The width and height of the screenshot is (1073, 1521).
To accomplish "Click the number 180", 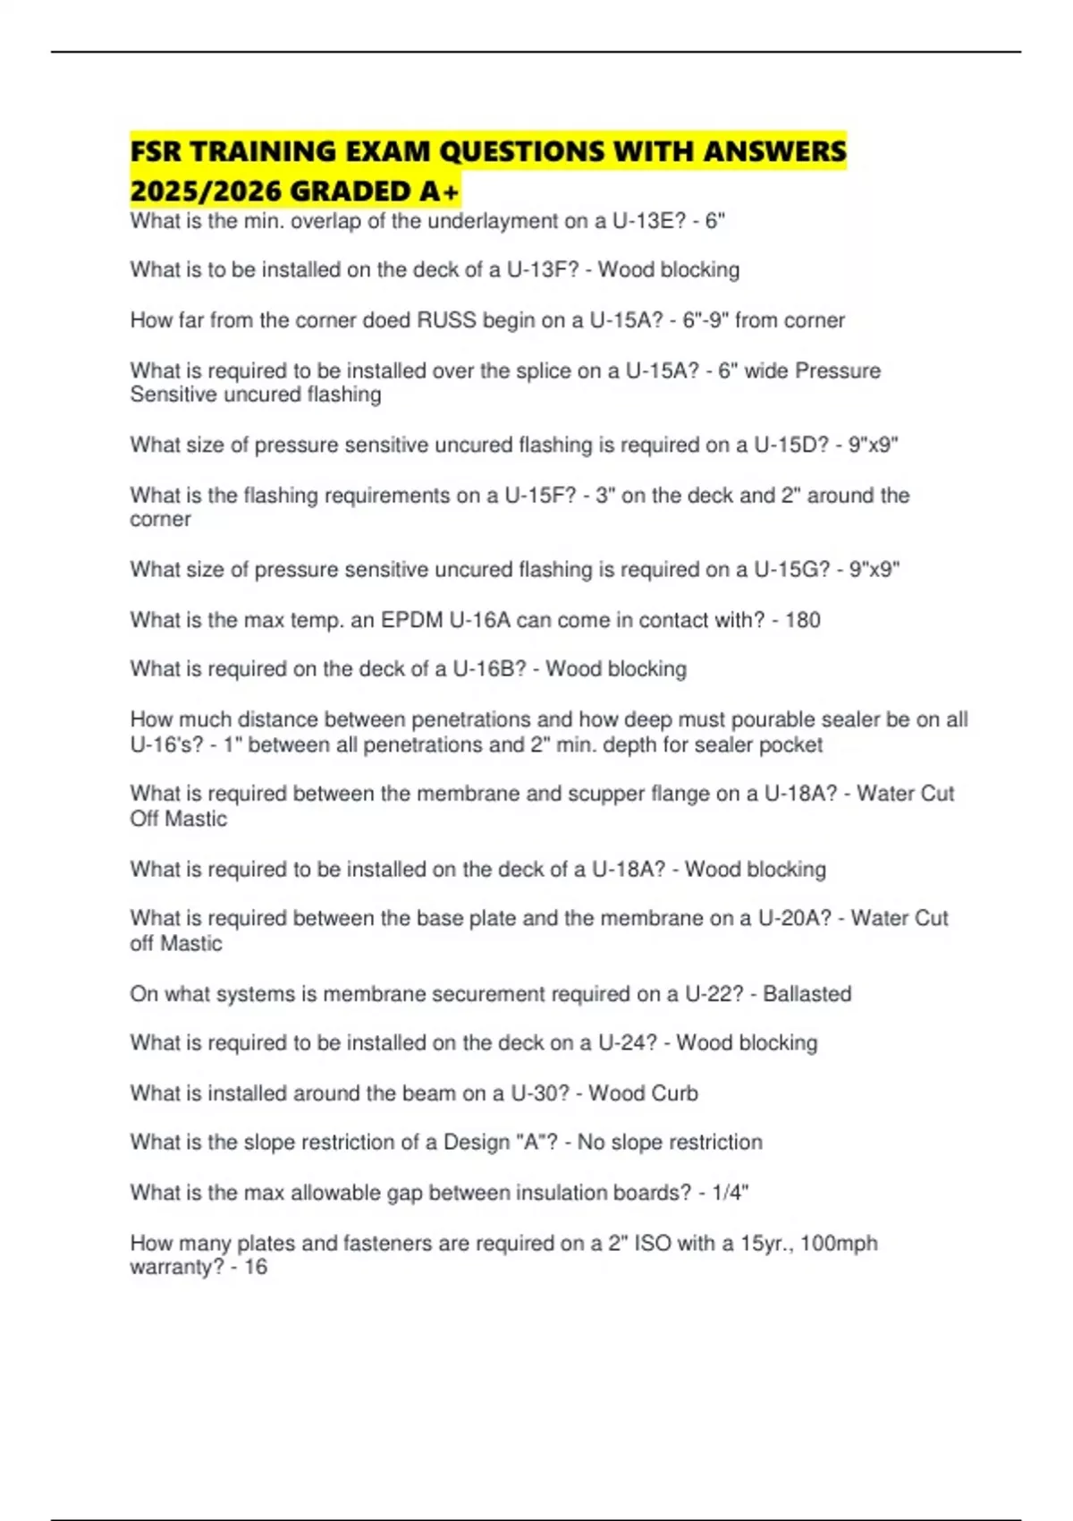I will (802, 620).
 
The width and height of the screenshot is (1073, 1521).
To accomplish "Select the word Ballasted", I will (807, 994).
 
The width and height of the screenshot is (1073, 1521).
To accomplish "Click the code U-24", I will (627, 1043).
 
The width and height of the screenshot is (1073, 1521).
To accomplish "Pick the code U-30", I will (539, 1093).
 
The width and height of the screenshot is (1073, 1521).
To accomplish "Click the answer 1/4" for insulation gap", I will (731, 1193).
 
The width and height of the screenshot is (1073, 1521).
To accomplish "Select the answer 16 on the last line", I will (256, 1267).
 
